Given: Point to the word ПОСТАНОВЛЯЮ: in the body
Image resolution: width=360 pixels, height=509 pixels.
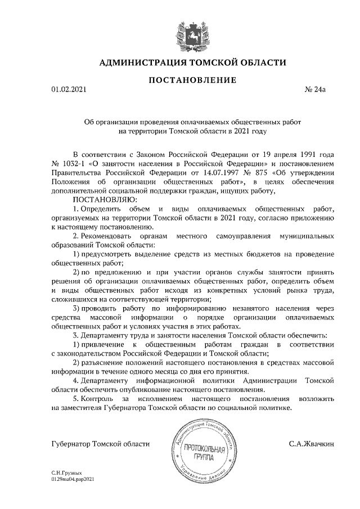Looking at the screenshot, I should point(101,199).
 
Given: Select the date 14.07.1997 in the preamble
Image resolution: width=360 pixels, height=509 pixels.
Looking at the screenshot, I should point(203,173).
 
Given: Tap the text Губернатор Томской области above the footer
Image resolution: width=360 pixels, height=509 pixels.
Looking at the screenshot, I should point(100,444).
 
